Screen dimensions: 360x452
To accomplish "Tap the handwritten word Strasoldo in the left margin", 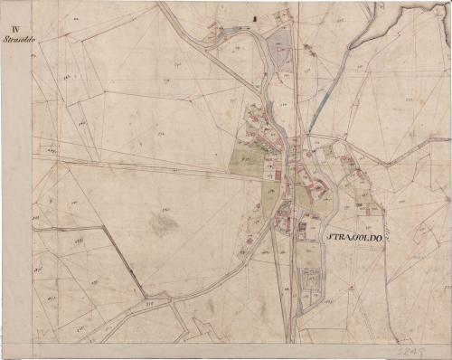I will click(x=17, y=40).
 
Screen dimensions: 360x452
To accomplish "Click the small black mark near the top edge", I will click(x=256, y=17).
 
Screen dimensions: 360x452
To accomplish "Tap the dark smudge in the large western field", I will click(x=161, y=223).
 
